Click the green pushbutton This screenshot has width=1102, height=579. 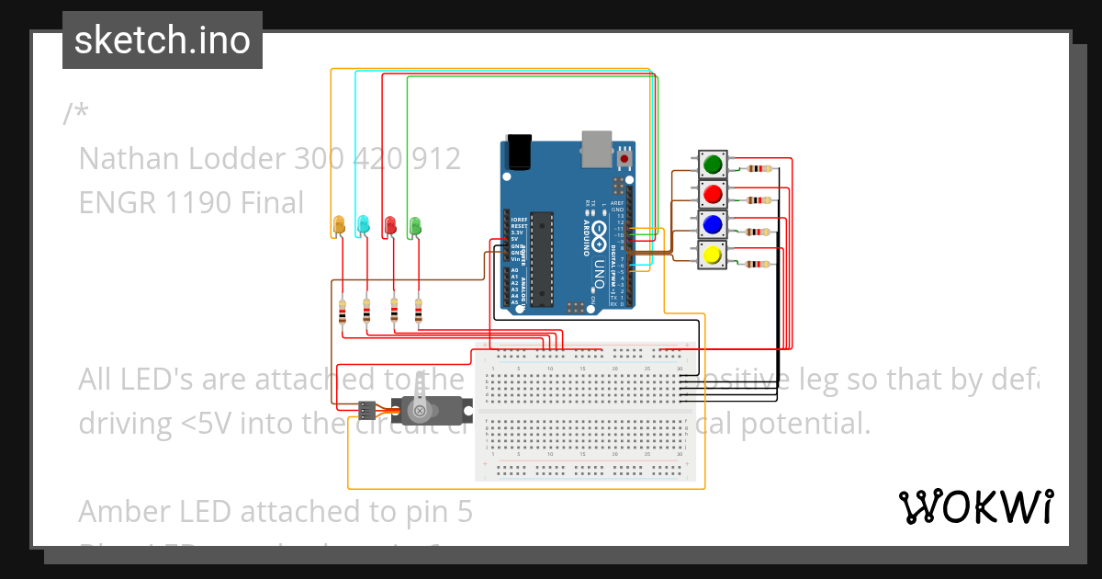click(713, 165)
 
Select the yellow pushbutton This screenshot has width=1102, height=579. click(711, 254)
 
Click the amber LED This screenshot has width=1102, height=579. click(338, 224)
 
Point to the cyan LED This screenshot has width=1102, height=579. click(364, 224)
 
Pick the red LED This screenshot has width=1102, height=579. click(389, 224)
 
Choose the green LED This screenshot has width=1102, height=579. click(415, 224)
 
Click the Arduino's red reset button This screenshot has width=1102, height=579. click(625, 159)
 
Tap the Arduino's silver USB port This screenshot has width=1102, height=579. click(597, 147)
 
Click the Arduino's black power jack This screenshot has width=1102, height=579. click(519, 152)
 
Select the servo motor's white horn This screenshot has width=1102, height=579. click(421, 395)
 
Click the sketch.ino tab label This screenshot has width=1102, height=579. click(162, 40)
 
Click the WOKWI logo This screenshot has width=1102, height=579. click(975, 506)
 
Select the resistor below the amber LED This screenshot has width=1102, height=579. click(343, 312)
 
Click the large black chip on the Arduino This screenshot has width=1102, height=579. click(542, 258)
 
